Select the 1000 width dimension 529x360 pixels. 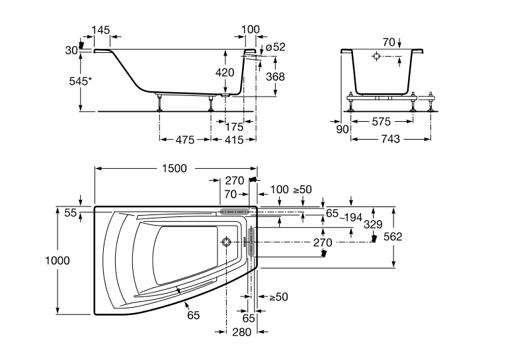pos(58,260)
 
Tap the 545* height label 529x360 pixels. pos(79,82)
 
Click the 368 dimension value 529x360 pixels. pos(275,77)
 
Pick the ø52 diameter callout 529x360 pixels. pos(274,46)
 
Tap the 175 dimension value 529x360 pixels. pos(234,126)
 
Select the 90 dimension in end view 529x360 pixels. pos(343,130)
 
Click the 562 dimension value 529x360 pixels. pos(393,236)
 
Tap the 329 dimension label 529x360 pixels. pos(374,225)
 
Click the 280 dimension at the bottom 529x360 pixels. pos(241,332)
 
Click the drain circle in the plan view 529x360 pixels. pos(228,242)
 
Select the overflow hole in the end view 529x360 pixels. pos(376,58)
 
